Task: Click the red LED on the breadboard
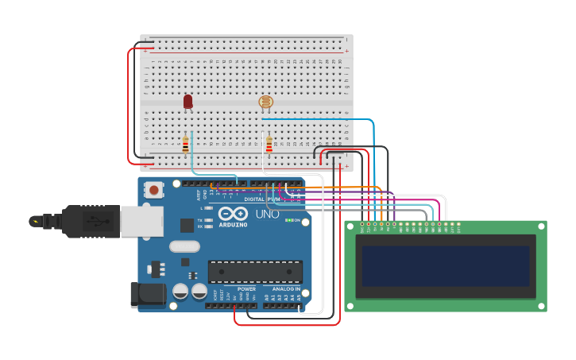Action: click(187, 101)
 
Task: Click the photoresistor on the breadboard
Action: click(265, 102)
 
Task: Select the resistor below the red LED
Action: click(186, 145)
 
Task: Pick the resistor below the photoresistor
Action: click(269, 145)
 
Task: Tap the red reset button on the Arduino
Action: click(153, 190)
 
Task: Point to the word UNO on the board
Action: click(266, 215)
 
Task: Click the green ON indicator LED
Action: click(288, 220)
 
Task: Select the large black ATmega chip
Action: click(255, 271)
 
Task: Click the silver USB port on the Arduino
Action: click(141, 221)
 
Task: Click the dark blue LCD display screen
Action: click(445, 265)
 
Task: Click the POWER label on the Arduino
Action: click(246, 289)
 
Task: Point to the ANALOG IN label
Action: click(287, 289)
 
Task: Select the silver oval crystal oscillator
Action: click(184, 247)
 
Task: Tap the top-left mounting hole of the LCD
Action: click(351, 227)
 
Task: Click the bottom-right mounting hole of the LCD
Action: click(540, 305)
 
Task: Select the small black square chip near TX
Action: click(187, 226)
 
